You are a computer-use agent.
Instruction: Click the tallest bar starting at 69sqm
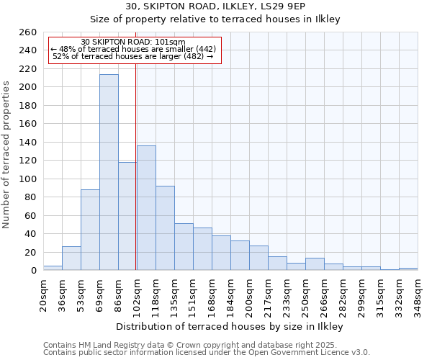point(109,173)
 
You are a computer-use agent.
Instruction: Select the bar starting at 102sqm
point(146,208)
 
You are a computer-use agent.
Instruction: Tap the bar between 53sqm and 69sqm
point(90,230)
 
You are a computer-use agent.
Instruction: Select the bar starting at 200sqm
point(258,258)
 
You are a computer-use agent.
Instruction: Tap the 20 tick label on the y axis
point(32,253)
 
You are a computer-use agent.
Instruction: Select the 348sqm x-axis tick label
point(418,294)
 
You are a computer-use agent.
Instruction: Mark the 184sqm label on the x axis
point(231,294)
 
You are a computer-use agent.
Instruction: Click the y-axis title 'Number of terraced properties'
point(6,155)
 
